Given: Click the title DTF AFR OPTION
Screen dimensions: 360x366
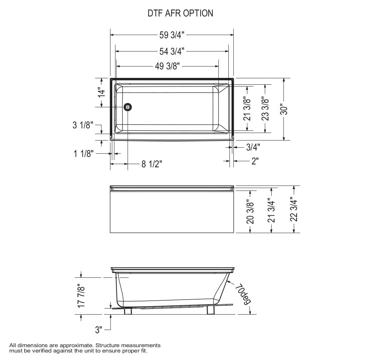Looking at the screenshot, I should (180, 13).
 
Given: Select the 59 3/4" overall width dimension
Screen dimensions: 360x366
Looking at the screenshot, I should (172, 35).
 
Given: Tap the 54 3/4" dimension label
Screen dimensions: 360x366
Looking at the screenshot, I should (172, 51).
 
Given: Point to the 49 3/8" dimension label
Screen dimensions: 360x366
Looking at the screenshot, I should (167, 66).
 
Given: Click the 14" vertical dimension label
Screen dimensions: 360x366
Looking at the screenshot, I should (102, 92).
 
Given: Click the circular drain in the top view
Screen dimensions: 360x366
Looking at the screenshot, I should (128, 107).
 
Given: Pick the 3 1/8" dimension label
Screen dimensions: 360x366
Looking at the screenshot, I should (83, 125).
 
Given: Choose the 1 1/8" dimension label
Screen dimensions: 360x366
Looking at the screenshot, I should (84, 154).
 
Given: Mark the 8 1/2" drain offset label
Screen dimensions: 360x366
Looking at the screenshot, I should (152, 164).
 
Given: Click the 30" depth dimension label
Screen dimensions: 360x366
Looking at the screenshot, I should (284, 109).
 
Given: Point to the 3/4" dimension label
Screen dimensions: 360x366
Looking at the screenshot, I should (253, 147).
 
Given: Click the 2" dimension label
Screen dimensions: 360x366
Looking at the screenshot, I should (255, 161).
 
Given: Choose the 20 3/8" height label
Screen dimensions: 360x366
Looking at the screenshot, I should (250, 213).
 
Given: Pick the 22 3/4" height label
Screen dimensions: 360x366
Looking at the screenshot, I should (294, 209).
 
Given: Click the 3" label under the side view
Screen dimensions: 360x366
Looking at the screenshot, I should (99, 330).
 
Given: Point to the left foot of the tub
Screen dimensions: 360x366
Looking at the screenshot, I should (128, 311).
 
